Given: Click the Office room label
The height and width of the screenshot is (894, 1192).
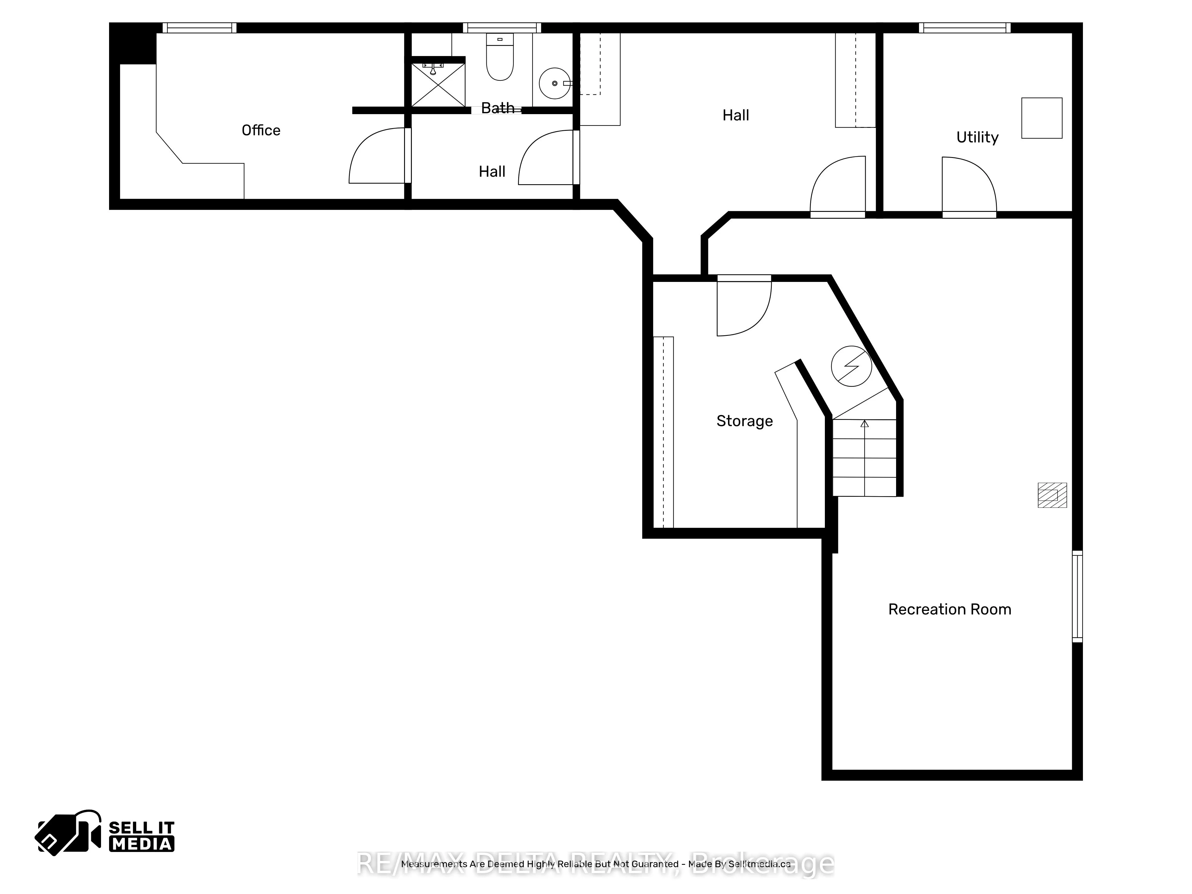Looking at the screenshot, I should click(x=261, y=131).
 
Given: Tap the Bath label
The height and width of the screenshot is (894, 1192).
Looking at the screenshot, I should click(x=497, y=108).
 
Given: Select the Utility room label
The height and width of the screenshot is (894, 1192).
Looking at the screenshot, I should click(x=977, y=137).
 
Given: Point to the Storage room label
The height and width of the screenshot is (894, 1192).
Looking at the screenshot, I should click(x=744, y=421).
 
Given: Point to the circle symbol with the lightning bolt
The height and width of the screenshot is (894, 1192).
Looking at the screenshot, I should click(x=851, y=366).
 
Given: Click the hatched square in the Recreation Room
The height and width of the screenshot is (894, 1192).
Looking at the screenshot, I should click(x=1052, y=495).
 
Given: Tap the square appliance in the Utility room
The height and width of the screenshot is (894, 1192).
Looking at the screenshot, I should click(x=1042, y=118).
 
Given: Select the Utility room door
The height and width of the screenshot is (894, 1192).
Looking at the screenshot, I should click(x=969, y=186).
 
